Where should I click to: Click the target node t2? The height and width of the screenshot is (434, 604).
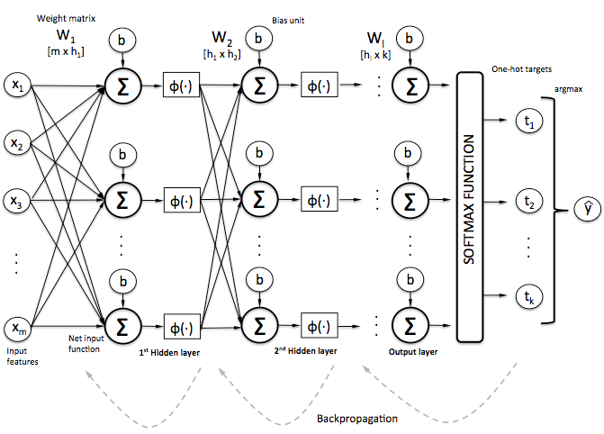tap(527, 204)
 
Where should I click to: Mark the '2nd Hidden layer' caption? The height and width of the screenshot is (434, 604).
tap(304, 353)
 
